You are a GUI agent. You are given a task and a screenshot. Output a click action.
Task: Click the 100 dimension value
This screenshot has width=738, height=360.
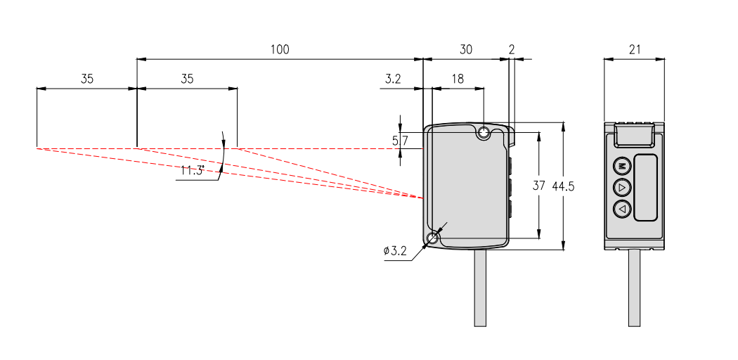(x=280, y=49)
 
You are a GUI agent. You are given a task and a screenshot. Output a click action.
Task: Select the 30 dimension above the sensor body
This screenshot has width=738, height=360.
(x=465, y=49)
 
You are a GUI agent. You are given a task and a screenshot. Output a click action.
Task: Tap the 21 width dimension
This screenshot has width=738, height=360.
(x=634, y=49)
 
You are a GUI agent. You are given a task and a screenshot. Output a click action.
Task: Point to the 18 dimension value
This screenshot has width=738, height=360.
(x=458, y=79)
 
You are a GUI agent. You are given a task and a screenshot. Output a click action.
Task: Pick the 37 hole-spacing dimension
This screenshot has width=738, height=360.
(x=539, y=186)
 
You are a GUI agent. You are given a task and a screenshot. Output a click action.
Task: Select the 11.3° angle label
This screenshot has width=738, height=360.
(x=192, y=171)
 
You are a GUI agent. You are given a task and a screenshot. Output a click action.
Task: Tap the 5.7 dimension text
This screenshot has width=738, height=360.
(x=400, y=141)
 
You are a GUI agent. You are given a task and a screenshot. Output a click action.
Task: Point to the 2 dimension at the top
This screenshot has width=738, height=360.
(x=511, y=49)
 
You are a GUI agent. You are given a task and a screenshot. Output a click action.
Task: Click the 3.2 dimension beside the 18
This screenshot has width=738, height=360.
(x=393, y=79)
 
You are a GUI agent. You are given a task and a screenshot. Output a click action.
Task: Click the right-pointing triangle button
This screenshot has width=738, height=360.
(x=622, y=188)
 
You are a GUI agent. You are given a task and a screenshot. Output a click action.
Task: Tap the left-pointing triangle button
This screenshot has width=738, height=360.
(x=622, y=209)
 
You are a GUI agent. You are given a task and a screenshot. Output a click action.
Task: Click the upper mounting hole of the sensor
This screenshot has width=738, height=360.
(x=484, y=133)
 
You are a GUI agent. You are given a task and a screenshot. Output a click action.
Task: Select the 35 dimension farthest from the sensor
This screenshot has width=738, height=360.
(x=86, y=79)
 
